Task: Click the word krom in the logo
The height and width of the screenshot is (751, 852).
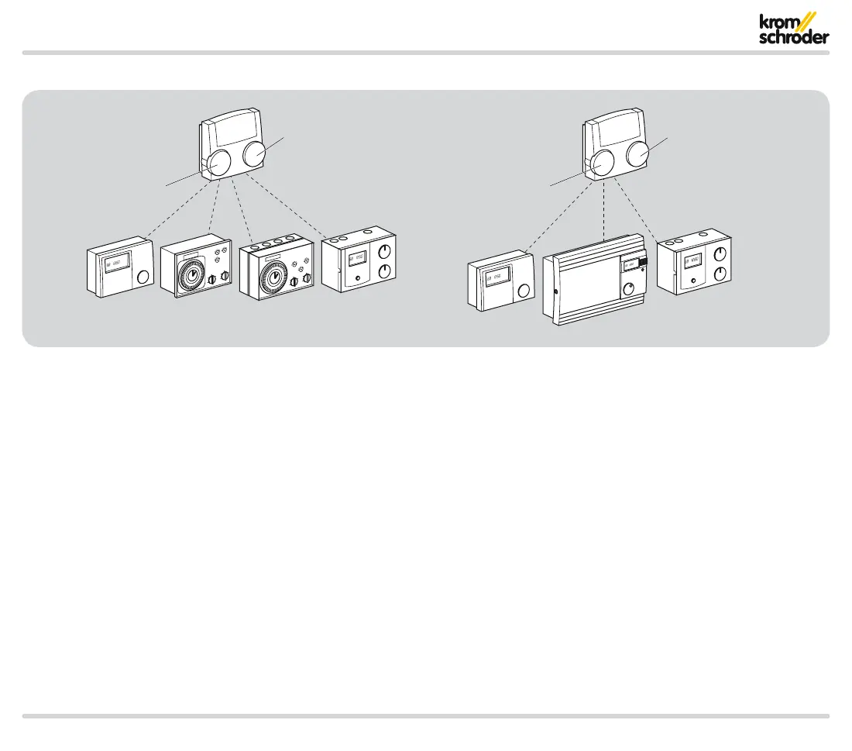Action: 777,23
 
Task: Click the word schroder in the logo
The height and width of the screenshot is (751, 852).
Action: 794,38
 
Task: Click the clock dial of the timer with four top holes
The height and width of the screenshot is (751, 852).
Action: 271,275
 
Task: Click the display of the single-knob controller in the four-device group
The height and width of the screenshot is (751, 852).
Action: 115,264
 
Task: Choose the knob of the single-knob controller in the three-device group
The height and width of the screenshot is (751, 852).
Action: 523,291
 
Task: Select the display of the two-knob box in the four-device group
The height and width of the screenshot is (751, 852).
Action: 356,260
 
